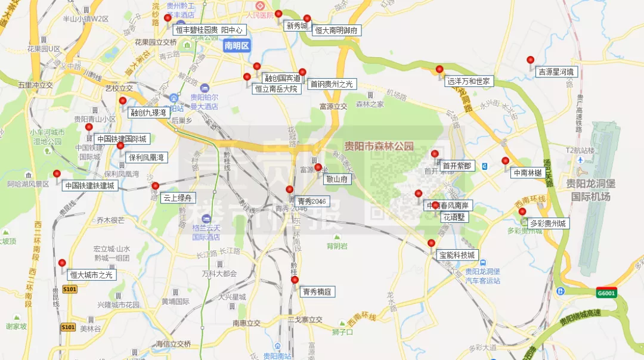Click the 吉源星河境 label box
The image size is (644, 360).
pos(558,72)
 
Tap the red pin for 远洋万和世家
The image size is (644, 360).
pos(439,70)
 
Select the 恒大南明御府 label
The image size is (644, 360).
pos(337,30)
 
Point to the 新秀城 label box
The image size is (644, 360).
pos(296,26)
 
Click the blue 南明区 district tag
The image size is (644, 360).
pos(237,45)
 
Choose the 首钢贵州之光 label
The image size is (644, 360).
pos(332,84)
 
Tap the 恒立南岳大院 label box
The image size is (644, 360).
pos(275,89)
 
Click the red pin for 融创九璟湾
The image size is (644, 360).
pos(123,101)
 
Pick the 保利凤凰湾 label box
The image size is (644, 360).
pos(145,157)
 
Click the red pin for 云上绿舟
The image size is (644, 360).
pos(155,187)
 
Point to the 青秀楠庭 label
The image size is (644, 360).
pos(317,291)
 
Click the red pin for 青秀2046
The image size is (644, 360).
pos(290,190)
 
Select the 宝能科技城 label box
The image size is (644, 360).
pos(457,255)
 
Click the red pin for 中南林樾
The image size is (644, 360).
pos(506,161)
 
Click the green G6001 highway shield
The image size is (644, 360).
pos(606,293)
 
